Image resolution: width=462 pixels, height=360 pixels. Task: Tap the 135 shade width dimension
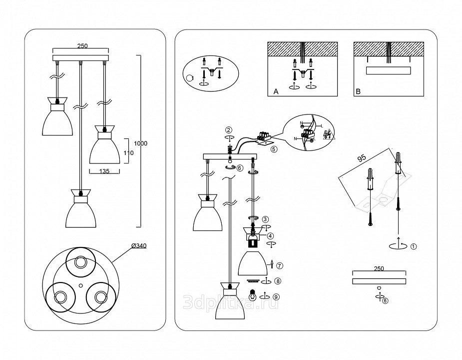tap(104, 171)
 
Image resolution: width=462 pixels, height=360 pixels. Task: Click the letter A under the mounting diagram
tap(276, 92)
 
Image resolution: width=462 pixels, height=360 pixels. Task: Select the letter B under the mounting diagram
tap(358, 92)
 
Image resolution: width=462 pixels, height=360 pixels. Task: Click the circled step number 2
tap(229, 129)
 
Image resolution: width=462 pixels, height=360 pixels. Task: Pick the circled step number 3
tap(265, 218)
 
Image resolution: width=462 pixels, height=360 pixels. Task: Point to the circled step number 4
tap(270, 236)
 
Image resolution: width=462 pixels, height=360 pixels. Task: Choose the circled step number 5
tap(273, 148)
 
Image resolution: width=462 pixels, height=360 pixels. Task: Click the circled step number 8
tap(278, 281)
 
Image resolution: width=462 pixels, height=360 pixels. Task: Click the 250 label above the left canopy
tap(82, 46)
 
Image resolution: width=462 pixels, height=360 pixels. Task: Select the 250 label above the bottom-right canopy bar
tap(379, 269)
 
